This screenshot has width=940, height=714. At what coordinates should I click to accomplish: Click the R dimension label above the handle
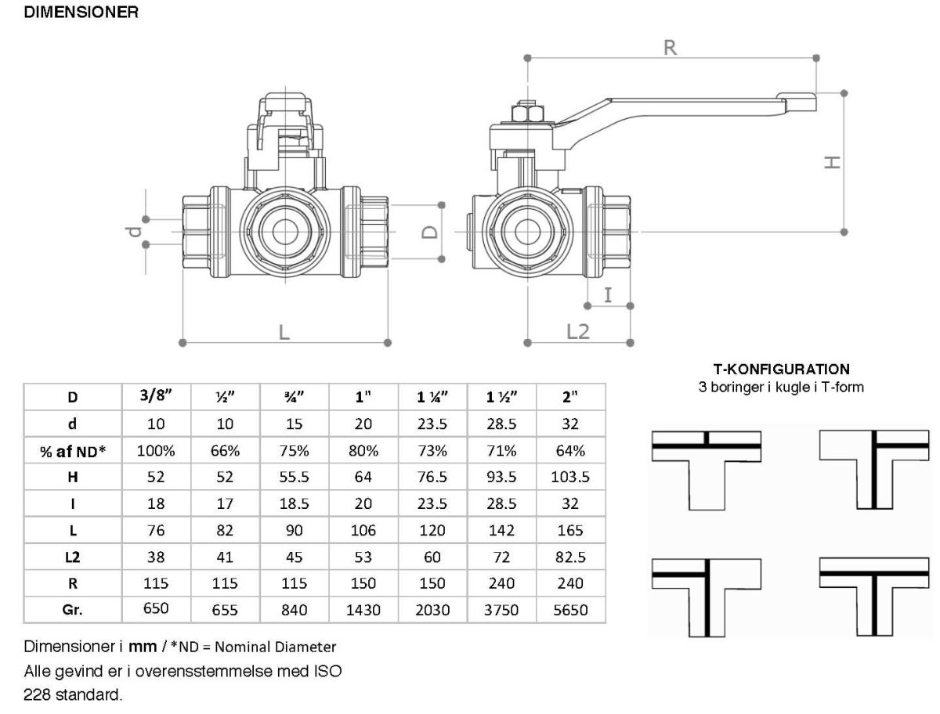pyautogui.click(x=670, y=47)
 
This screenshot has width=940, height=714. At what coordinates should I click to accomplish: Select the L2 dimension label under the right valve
pyautogui.click(x=577, y=331)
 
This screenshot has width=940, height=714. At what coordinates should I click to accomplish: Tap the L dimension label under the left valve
pyautogui.click(x=284, y=331)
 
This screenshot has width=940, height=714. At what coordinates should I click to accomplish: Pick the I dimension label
pyautogui.click(x=609, y=294)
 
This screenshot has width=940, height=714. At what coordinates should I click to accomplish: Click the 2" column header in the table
pyautogui.click(x=570, y=397)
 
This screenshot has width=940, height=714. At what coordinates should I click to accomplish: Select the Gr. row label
pyautogui.click(x=73, y=609)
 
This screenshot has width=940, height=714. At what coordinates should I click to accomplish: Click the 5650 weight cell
pyautogui.click(x=570, y=610)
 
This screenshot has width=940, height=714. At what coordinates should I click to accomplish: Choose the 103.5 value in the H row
pyautogui.click(x=570, y=477)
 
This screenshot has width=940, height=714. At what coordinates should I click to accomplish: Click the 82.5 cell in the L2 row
pyautogui.click(x=570, y=557)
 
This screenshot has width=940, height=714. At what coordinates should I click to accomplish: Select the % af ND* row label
pyautogui.click(x=73, y=450)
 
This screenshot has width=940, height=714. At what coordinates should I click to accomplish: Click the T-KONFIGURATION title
pyautogui.click(x=781, y=369)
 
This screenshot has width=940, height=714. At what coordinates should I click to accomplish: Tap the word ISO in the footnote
pyautogui.click(x=327, y=671)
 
